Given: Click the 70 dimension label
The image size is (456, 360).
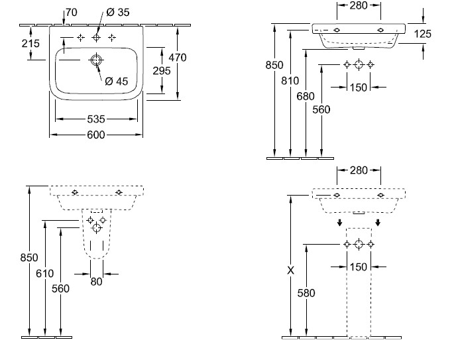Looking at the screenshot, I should coord(72,11).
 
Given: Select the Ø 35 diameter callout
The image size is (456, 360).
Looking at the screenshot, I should coord(118,13).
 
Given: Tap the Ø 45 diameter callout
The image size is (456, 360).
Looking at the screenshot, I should coord(116,82).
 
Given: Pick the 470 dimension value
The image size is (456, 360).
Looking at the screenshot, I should coord(177,58).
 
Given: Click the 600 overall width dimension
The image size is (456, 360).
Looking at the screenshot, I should coord(97,135).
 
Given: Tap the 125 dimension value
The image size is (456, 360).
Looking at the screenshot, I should coord(423,34).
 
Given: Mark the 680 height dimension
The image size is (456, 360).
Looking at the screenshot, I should coord(306,96).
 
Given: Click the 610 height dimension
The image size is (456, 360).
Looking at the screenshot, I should coord(45,274).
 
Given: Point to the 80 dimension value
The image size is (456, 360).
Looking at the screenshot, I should coord(96,281).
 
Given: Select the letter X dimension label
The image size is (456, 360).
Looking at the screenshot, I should coord(290,270).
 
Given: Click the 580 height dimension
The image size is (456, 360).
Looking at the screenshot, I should coord(306,292).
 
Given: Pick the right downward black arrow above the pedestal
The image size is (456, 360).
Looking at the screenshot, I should coord(378,223).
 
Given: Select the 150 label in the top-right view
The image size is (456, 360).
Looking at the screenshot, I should coord(358,87).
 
